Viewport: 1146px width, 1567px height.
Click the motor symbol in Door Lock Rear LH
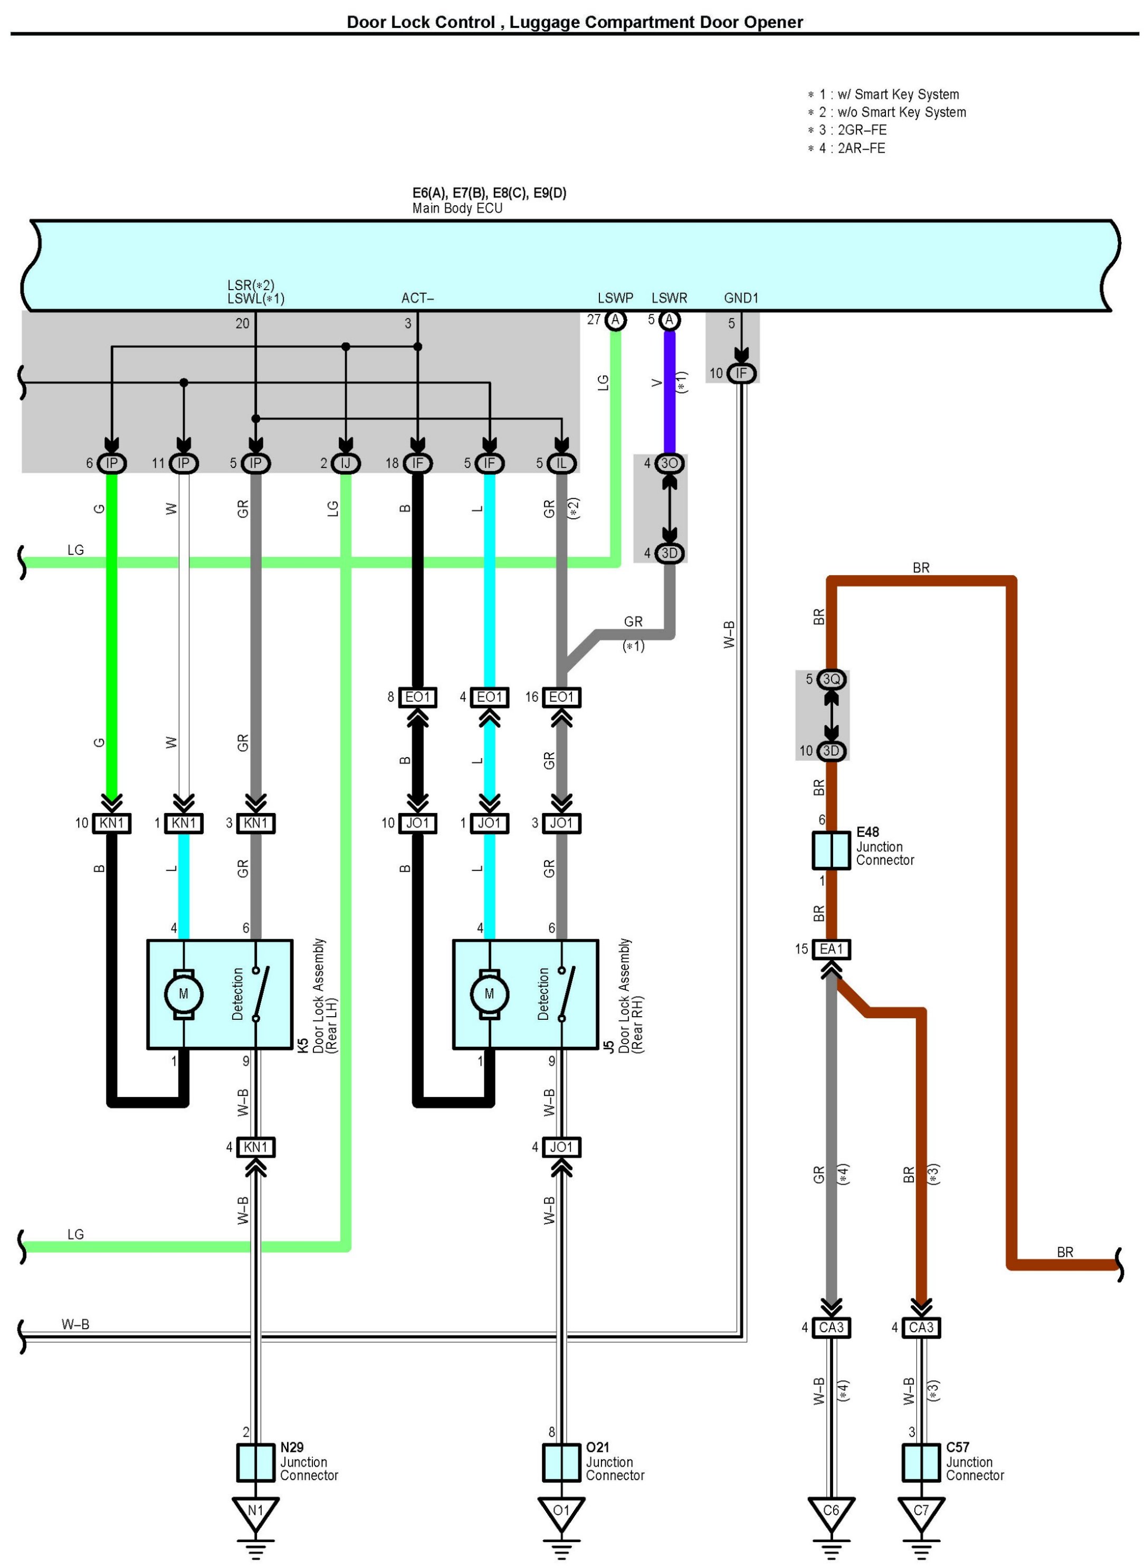[183, 994]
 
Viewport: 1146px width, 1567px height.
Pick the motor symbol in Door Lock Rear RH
[489, 994]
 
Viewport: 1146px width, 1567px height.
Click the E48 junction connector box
[831, 850]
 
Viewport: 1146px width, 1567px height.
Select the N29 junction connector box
[255, 1462]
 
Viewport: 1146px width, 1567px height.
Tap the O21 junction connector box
[561, 1462]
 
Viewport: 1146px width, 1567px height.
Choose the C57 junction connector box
[921, 1462]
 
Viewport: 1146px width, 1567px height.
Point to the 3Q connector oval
[831, 679]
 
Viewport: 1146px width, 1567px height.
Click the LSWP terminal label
[615, 298]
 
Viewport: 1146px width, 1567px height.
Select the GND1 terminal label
[741, 298]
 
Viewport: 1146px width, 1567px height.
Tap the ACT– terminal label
[417, 298]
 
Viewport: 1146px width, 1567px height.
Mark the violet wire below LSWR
[670, 392]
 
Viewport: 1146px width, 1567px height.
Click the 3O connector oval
[670, 463]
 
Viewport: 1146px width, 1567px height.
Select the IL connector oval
[561, 463]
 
